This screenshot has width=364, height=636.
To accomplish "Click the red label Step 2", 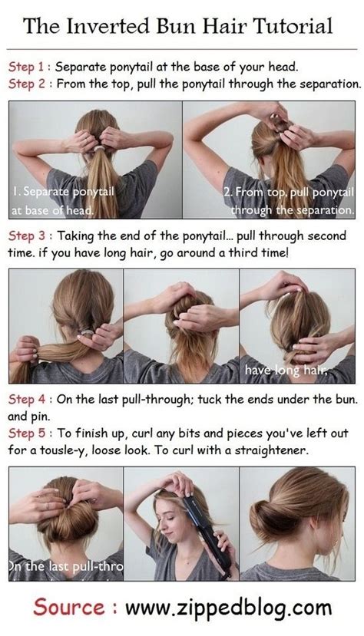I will point(28,82).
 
